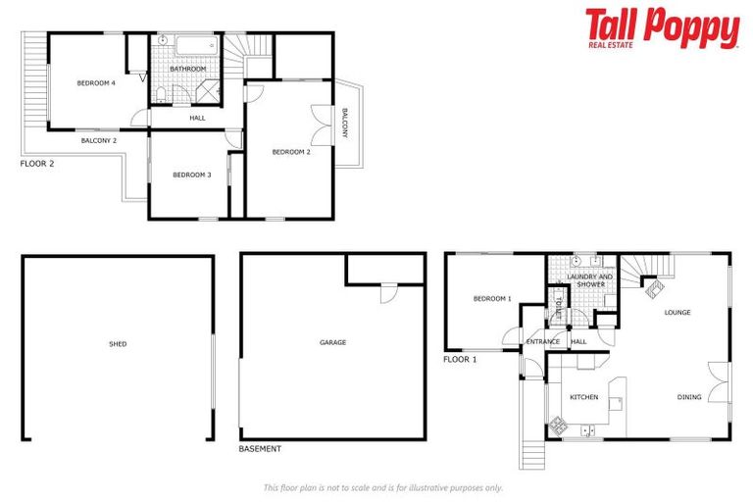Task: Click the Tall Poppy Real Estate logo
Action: [662, 28]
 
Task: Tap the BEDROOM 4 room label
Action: [97, 83]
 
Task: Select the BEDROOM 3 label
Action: [192, 175]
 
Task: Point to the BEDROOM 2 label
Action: [291, 152]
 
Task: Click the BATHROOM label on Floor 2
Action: [188, 70]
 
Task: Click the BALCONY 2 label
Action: [98, 141]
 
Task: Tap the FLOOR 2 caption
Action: [37, 164]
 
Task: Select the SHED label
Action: [118, 344]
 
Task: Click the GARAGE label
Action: [333, 342]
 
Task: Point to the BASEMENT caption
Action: [260, 449]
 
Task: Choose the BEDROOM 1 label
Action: [492, 298]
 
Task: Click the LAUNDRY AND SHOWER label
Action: [590, 280]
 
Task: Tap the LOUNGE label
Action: [678, 313]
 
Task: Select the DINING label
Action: [689, 397]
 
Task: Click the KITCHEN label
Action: [584, 397]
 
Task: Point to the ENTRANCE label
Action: [542, 341]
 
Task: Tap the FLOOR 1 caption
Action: [460, 360]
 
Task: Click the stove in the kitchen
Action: [558, 426]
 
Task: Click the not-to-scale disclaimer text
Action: [382, 487]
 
